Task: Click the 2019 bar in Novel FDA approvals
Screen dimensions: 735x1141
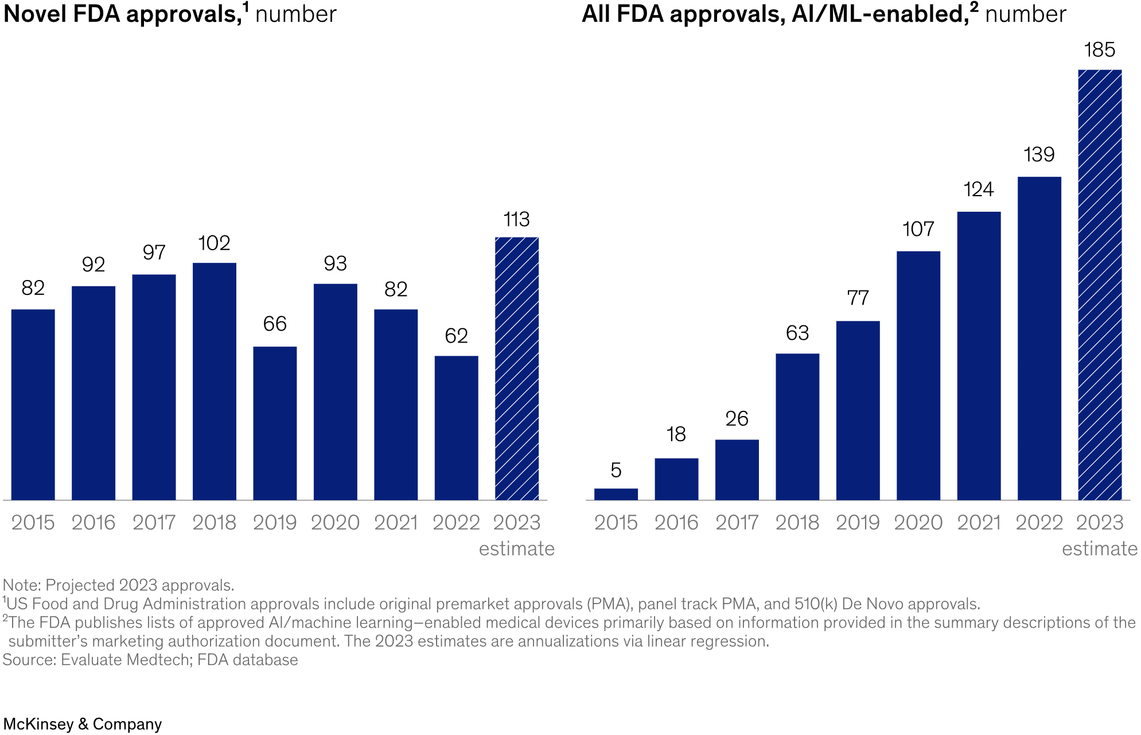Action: (275, 423)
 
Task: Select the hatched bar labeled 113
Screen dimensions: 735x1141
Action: (517, 368)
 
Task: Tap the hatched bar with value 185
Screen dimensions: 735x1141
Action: (1100, 285)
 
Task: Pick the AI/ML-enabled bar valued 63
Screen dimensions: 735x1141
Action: (797, 426)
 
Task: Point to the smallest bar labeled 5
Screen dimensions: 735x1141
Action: (616, 494)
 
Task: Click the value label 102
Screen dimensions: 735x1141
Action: (214, 243)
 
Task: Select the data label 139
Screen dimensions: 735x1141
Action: (1039, 155)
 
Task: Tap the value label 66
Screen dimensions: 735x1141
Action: (275, 324)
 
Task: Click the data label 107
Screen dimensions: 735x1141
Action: (918, 230)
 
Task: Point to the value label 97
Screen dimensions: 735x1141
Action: (154, 252)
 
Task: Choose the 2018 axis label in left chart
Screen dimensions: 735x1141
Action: (214, 523)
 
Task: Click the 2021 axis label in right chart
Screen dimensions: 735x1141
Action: (979, 523)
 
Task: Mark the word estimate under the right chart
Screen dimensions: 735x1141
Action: (1099, 549)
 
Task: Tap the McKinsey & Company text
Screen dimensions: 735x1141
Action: (83, 724)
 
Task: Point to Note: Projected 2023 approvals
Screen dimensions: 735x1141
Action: (118, 585)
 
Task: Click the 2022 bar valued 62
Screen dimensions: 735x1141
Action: (456, 427)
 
